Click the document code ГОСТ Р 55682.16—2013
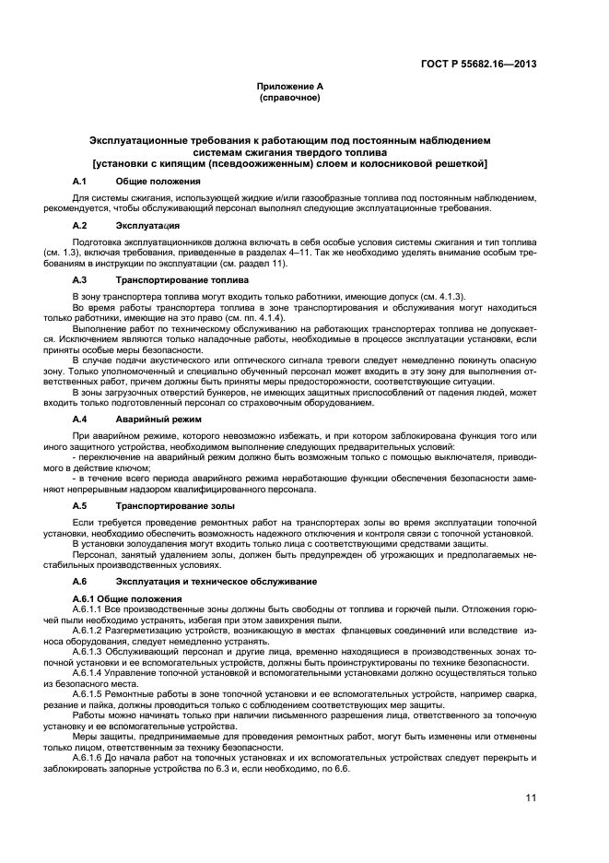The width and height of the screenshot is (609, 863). click(x=481, y=64)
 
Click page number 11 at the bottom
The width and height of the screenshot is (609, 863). click(x=531, y=799)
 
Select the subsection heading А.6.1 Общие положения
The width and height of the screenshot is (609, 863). click(x=125, y=599)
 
